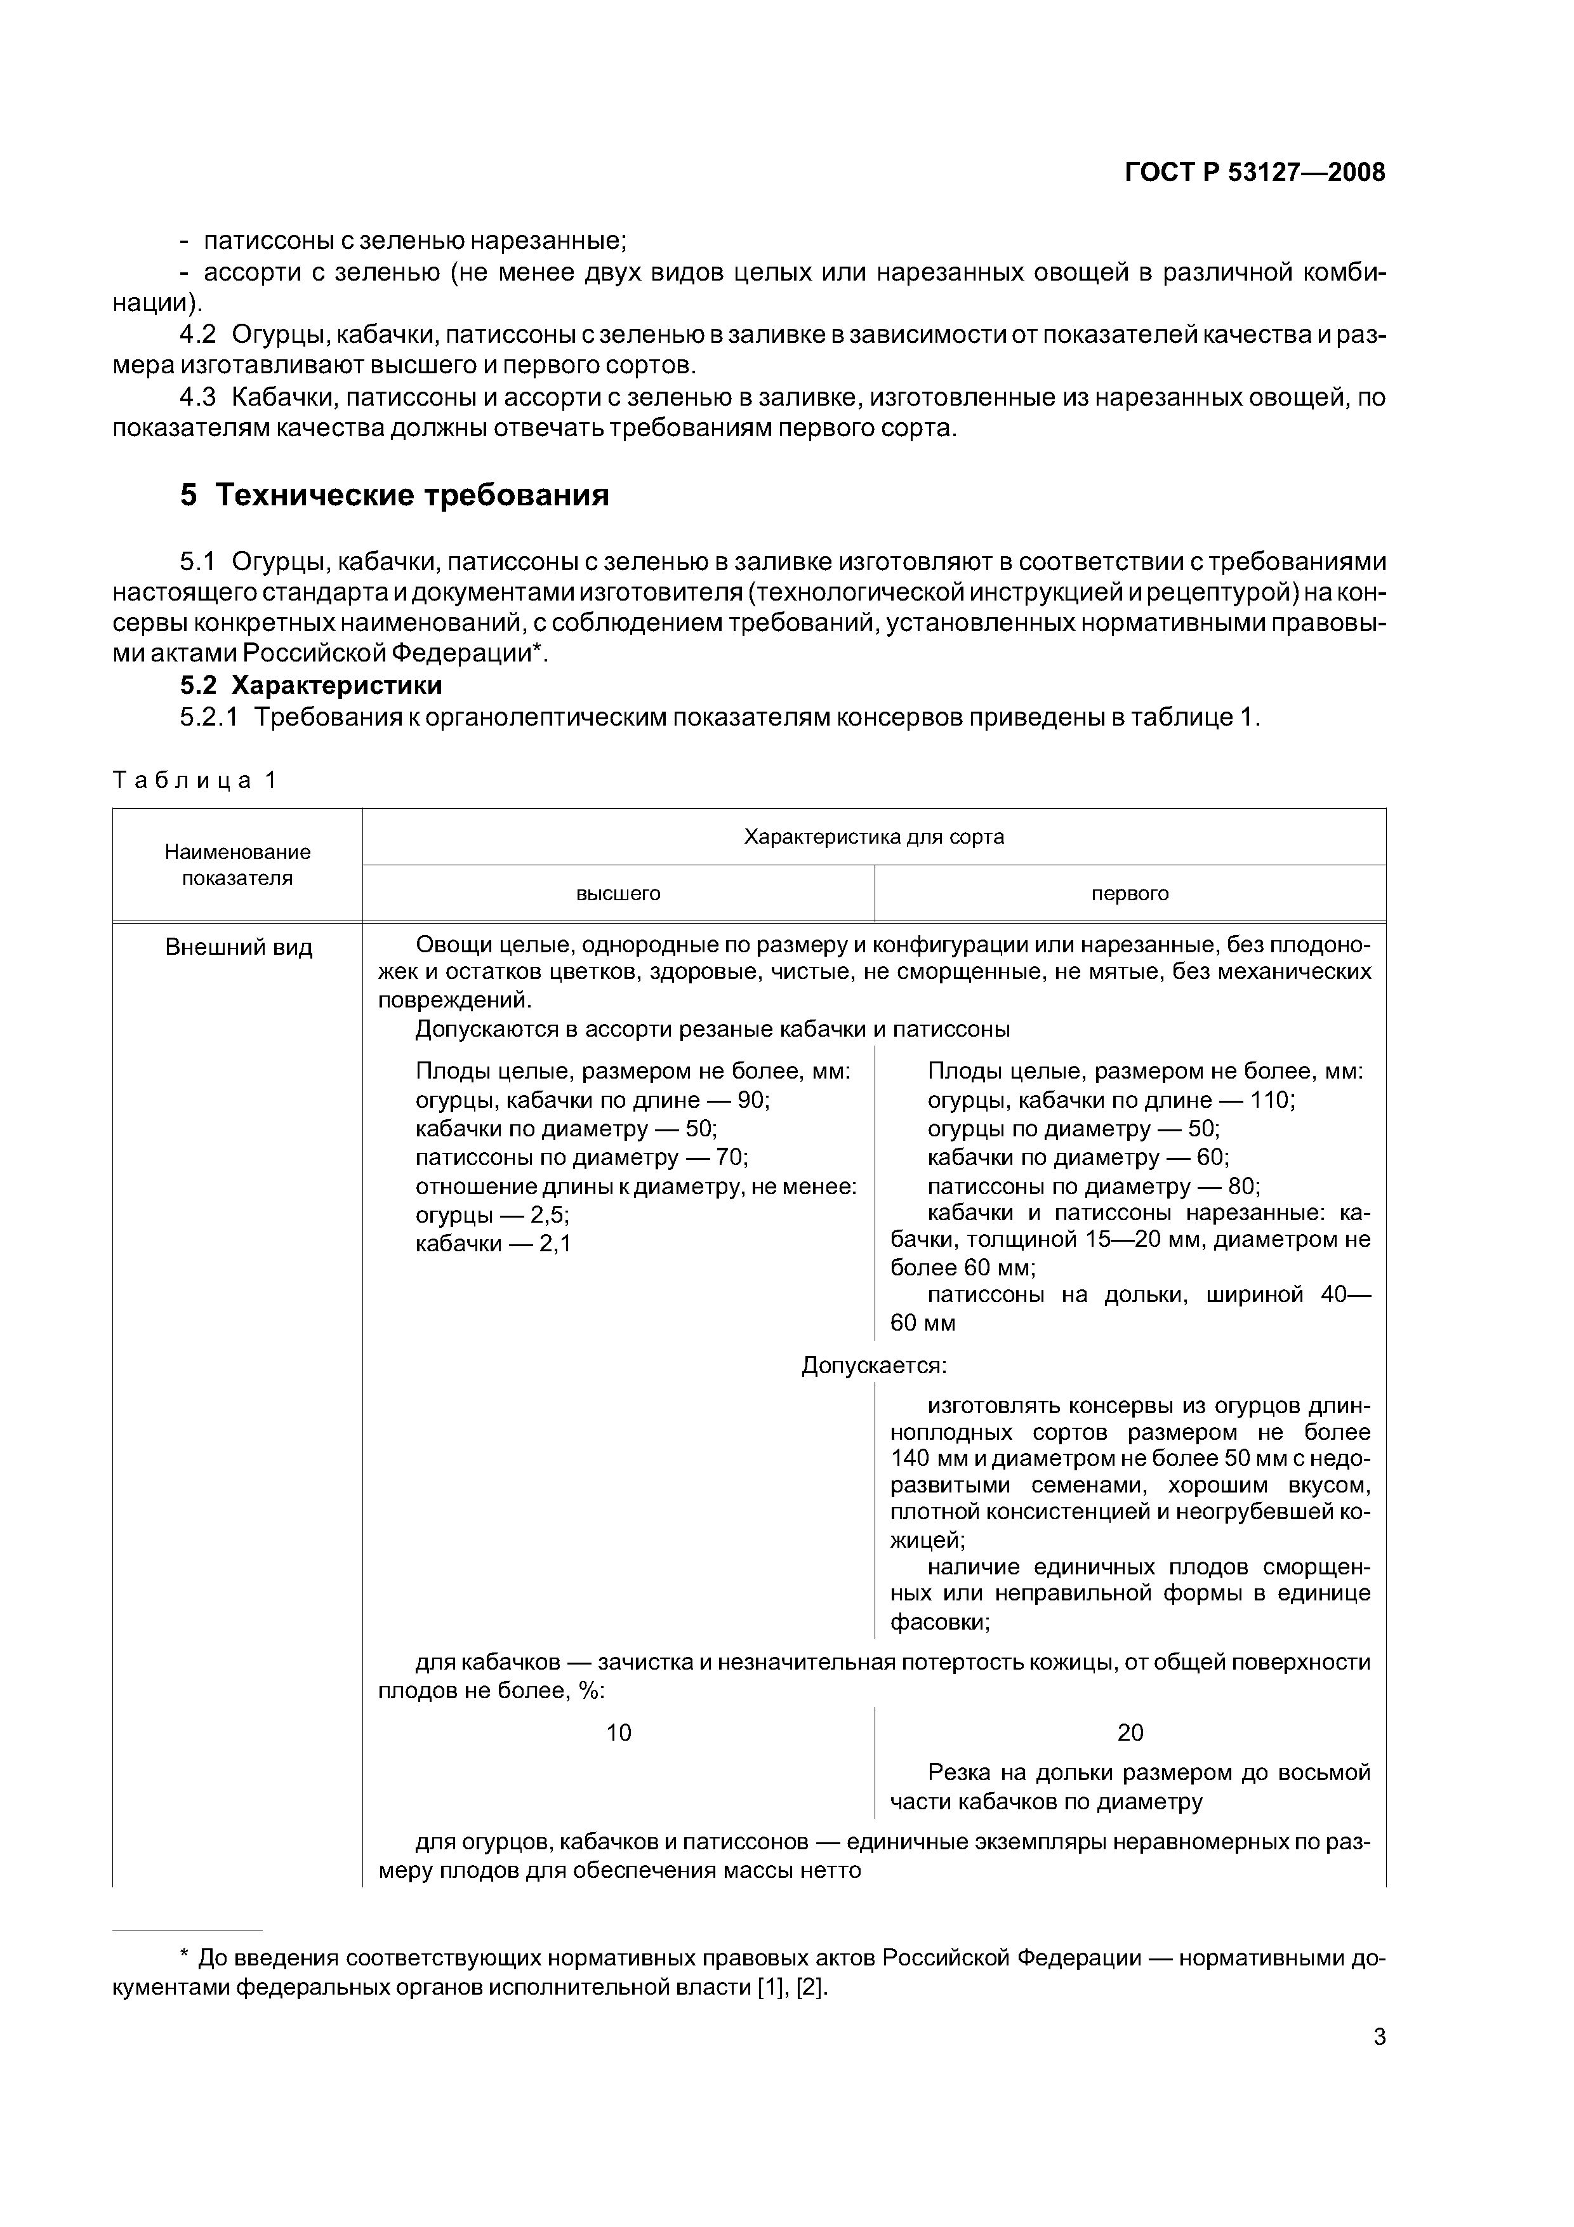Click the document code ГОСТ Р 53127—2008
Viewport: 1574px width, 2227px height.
(1254, 173)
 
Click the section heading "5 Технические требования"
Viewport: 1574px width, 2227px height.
(395, 496)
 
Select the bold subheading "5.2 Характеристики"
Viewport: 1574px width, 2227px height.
(310, 685)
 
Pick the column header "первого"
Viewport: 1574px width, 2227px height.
(1130, 893)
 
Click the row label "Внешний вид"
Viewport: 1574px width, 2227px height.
(239, 948)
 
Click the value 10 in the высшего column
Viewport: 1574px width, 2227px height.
(619, 1732)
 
